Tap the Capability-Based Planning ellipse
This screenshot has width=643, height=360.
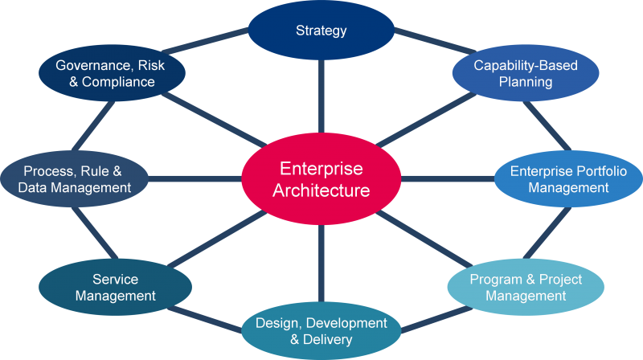click(514, 72)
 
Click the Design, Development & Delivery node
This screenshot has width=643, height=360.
click(321, 330)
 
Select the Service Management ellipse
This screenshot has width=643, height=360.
click(116, 288)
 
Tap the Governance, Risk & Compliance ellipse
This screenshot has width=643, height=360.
click(112, 72)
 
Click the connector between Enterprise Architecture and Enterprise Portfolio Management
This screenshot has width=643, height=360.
click(445, 178)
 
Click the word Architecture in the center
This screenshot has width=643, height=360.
click(321, 190)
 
